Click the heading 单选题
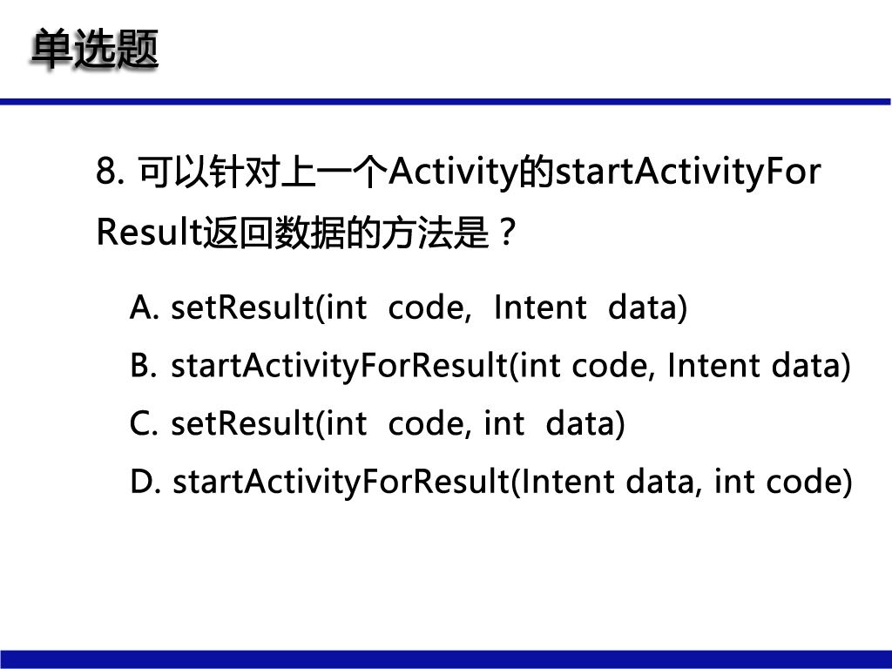(94, 50)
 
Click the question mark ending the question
(506, 232)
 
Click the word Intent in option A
(540, 307)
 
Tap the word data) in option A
(647, 307)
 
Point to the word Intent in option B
(713, 365)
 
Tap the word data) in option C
(585, 424)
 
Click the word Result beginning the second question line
(150, 232)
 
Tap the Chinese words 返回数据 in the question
(274, 233)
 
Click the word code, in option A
(429, 307)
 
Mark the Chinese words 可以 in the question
(173, 172)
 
